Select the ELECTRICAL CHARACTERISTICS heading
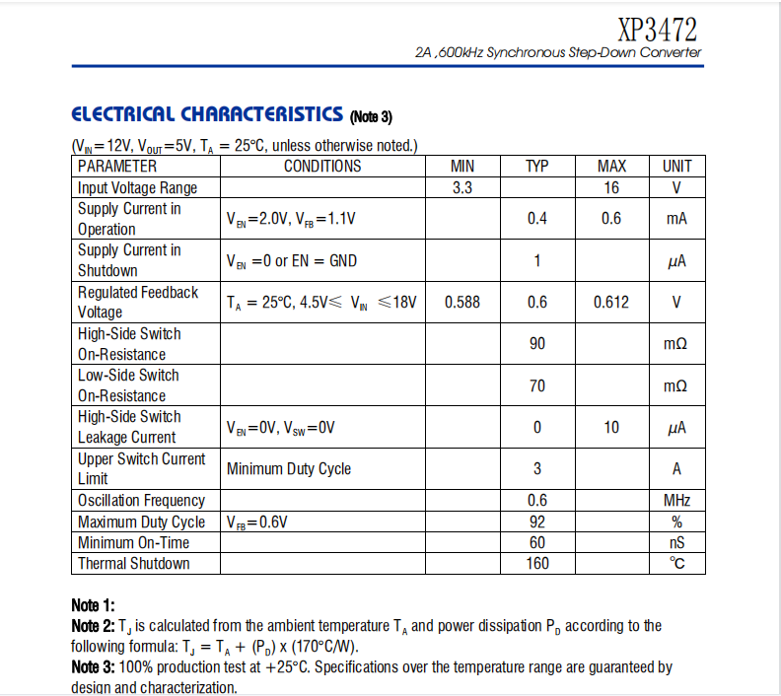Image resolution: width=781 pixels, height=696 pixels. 207,114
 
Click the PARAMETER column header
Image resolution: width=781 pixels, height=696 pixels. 117,166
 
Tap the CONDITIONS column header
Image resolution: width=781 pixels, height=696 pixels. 322,166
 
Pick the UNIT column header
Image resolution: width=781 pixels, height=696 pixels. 676,166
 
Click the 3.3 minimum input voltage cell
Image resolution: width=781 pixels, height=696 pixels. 462,187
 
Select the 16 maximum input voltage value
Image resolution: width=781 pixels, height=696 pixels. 611,187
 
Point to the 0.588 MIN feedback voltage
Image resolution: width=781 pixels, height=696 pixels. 462,302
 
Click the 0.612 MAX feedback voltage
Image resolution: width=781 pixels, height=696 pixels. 611,302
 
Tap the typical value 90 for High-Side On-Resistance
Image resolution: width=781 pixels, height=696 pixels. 537,344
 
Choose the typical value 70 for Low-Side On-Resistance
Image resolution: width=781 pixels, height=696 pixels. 537,385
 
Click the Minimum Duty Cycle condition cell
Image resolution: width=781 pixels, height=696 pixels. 289,468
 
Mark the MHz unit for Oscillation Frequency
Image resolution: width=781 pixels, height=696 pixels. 676,501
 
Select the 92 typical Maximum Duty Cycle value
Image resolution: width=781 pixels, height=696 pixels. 537,522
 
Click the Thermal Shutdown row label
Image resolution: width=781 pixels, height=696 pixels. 134,563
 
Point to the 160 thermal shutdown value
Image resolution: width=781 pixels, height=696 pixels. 537,563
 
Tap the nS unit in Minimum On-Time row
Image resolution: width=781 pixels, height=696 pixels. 676,542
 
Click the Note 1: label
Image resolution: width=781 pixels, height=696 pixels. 94,604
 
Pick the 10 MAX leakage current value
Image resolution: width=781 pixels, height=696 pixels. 611,427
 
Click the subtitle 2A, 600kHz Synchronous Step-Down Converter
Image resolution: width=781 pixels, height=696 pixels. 559,52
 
